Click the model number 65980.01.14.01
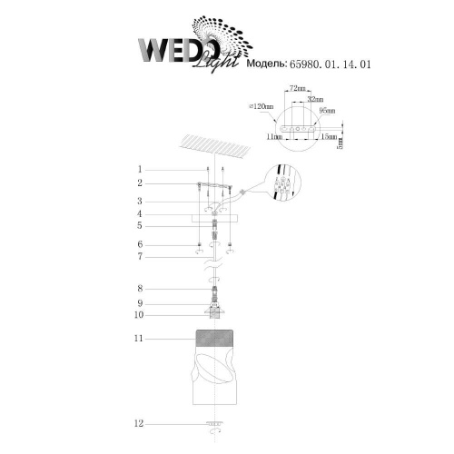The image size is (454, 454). point(331,64)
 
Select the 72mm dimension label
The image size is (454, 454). point(298,88)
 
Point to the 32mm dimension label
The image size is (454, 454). point(315,99)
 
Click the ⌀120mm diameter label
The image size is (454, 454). point(261,106)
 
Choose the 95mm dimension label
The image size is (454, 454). point(327,111)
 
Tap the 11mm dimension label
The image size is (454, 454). point(274,137)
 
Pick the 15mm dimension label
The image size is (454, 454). point(329,137)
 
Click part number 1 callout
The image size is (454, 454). point(140,169)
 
